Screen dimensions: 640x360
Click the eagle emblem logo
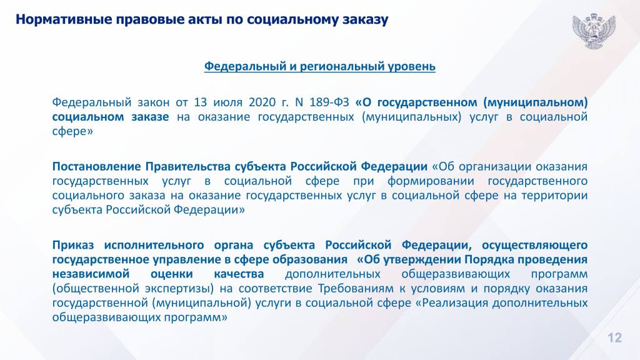click(594, 31)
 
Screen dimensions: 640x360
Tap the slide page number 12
click(615, 337)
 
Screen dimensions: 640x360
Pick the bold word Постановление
click(96, 166)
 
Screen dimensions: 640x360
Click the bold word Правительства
click(188, 167)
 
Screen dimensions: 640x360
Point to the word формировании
click(431, 181)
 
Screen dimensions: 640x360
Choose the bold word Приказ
click(73, 245)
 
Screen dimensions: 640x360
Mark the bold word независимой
click(91, 274)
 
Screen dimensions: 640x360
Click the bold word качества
click(239, 274)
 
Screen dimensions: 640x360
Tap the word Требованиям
click(356, 289)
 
